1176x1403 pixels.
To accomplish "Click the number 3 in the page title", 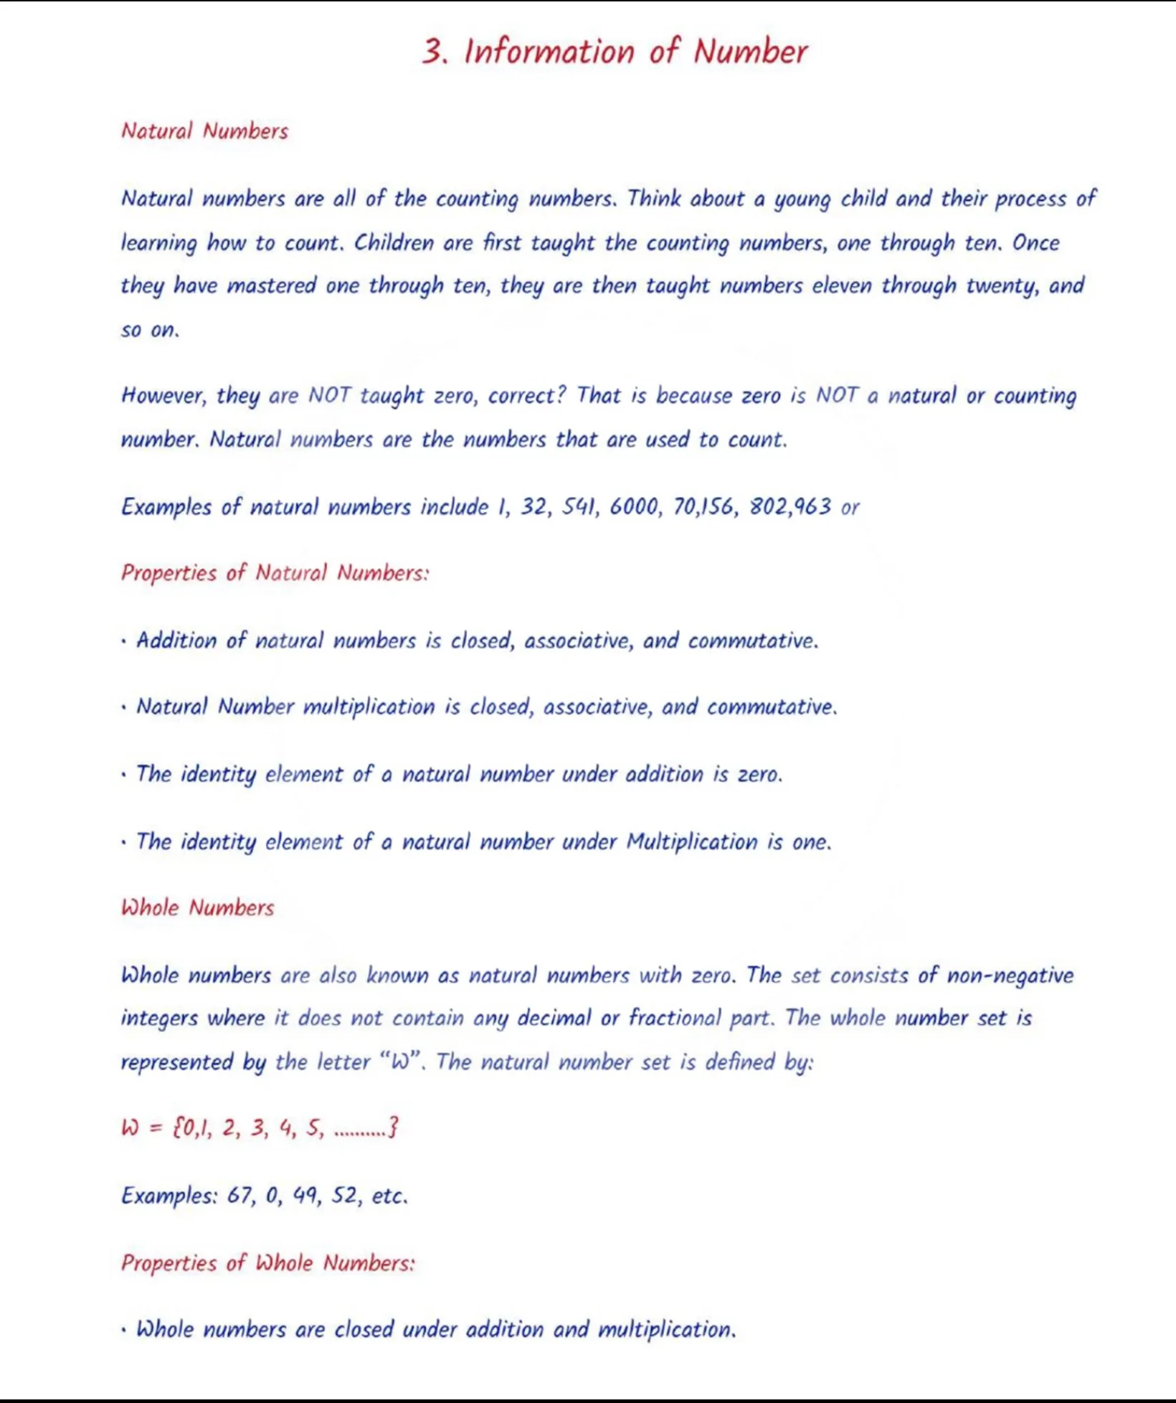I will (x=433, y=52).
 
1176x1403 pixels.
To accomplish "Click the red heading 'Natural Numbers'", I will (x=204, y=131).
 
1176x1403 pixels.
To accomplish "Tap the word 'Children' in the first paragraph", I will (x=394, y=243).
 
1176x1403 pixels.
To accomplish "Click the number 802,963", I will (x=790, y=507).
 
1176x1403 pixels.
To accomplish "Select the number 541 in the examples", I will (x=579, y=507).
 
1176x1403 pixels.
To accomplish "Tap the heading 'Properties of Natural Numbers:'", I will (x=275, y=573).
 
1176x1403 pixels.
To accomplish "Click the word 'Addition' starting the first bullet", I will (x=176, y=641).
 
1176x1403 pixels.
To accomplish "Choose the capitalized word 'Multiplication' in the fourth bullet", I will (x=691, y=841).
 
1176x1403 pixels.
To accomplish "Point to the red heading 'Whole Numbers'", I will (x=197, y=908).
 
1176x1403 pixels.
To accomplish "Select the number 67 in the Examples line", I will (x=240, y=1196).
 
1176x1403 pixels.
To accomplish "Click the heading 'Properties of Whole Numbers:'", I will (x=267, y=1263).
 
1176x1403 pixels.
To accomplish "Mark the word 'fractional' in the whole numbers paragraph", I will (x=675, y=1019).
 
